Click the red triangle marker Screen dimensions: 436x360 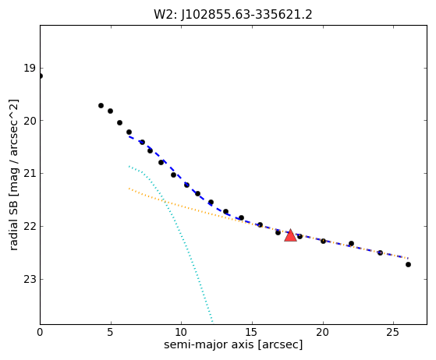291,235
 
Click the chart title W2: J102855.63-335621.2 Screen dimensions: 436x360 233,15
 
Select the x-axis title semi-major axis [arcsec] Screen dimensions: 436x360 233,344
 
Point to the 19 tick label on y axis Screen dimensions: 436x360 30,68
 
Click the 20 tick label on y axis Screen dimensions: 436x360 30,121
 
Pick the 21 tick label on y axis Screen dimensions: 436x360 30,173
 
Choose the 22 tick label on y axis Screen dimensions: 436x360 30,227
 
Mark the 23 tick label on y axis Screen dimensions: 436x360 30,279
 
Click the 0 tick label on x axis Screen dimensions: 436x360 40,332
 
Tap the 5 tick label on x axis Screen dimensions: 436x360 111,332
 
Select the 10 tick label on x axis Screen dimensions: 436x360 181,332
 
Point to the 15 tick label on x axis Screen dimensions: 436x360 252,332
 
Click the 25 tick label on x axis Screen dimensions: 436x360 393,332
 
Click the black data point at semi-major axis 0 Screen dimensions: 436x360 41,76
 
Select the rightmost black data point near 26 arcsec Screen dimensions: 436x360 408,264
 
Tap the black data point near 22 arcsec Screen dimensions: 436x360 351,244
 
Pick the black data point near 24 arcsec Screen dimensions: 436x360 380,252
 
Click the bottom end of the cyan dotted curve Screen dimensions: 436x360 212,322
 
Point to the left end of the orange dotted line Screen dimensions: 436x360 129,189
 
